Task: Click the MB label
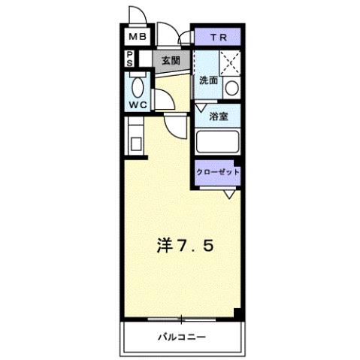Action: pyautogui.click(x=137, y=37)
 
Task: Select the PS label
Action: pyautogui.click(x=130, y=59)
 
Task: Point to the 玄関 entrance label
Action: pyautogui.click(x=171, y=60)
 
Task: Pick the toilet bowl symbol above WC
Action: pyautogui.click(x=136, y=85)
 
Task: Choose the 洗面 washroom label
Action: pyautogui.click(x=208, y=80)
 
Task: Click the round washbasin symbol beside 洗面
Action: pyautogui.click(x=231, y=88)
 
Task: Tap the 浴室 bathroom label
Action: pyautogui.click(x=218, y=116)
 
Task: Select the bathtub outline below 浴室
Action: pyautogui.click(x=216, y=143)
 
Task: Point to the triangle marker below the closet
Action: pyautogui.click(x=230, y=195)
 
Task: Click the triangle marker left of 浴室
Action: pyautogui.click(x=200, y=109)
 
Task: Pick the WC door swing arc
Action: pyautogui.click(x=172, y=124)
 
